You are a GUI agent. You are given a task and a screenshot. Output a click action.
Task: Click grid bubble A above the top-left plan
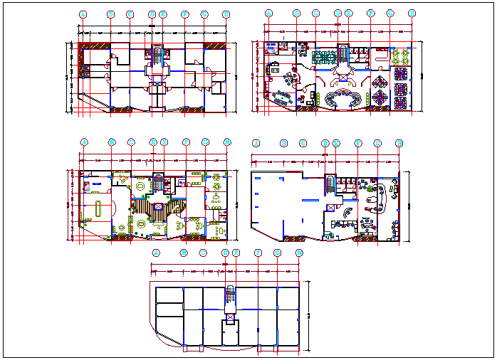coord(83,14)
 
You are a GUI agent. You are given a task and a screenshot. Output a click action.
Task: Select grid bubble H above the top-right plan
coord(412,14)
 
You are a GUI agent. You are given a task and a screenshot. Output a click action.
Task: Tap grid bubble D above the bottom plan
coord(226,253)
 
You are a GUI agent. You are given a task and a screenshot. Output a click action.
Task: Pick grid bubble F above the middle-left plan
coord(185,142)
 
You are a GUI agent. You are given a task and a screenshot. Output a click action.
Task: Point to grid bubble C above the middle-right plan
coord(303,143)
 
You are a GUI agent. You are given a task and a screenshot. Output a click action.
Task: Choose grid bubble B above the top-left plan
coord(110,14)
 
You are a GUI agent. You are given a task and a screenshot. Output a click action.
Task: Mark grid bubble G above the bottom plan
coord(278,253)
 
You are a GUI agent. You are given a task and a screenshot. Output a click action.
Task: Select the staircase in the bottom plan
coord(229,295)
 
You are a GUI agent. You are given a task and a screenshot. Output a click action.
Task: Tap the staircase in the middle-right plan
coord(329,184)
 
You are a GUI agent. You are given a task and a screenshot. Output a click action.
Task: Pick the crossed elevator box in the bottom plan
coord(229,317)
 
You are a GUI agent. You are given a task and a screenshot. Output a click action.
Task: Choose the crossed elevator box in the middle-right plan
coord(329,207)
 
